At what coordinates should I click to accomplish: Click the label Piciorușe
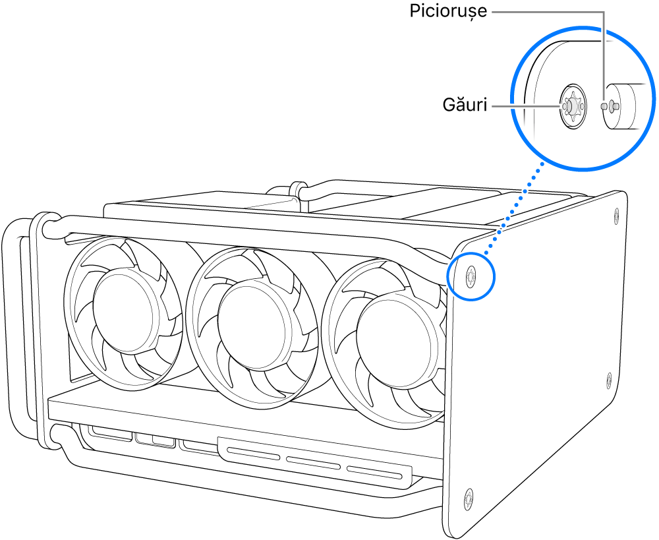click(448, 12)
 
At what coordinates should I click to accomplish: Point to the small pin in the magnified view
click(613, 104)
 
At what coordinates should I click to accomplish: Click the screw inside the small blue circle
click(470, 276)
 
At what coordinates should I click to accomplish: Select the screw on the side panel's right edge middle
click(609, 379)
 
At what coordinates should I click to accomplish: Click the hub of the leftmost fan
click(123, 303)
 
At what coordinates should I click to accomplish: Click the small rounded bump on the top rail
click(299, 188)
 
